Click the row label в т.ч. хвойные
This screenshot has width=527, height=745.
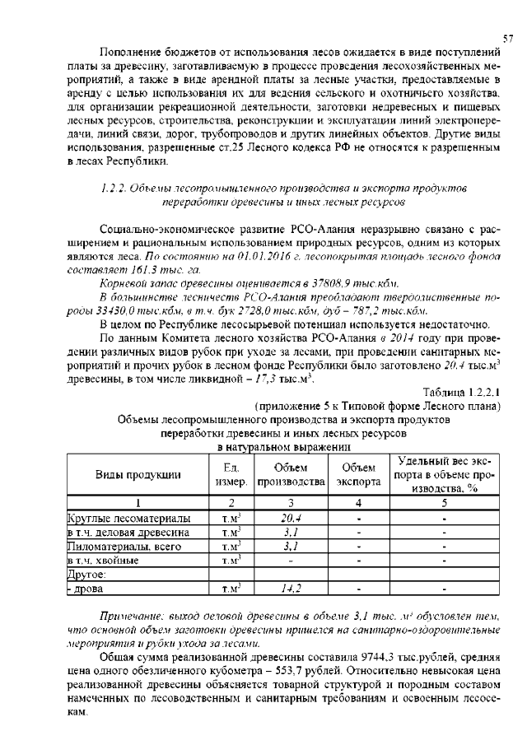coord(103,561)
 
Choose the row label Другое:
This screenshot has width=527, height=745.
coord(84,575)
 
